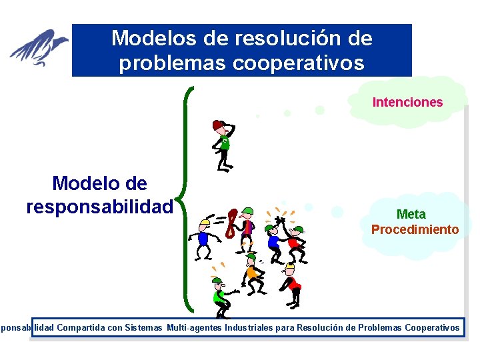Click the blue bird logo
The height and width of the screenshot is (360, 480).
coord(39,48)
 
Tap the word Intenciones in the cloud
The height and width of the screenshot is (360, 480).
coord(407,102)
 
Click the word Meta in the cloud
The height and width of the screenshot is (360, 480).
coord(411,214)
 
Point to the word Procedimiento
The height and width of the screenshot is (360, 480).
coord(415,229)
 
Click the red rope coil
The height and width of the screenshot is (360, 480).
coord(231,223)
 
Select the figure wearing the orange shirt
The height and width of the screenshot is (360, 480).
coord(251,273)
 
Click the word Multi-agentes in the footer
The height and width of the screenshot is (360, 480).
coord(195,327)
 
